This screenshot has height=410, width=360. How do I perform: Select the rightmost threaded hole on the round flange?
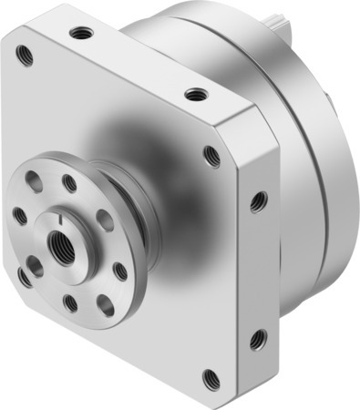(119, 270)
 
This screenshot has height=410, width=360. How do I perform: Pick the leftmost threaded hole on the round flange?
(19, 217)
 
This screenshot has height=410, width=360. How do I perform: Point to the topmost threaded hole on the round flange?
(69, 183)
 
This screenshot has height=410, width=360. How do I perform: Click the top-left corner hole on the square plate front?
(25, 56)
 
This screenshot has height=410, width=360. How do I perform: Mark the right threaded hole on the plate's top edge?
(193, 94)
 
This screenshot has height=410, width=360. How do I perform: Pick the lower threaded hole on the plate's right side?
(257, 339)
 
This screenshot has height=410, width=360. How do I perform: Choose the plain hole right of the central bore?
(104, 220)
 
